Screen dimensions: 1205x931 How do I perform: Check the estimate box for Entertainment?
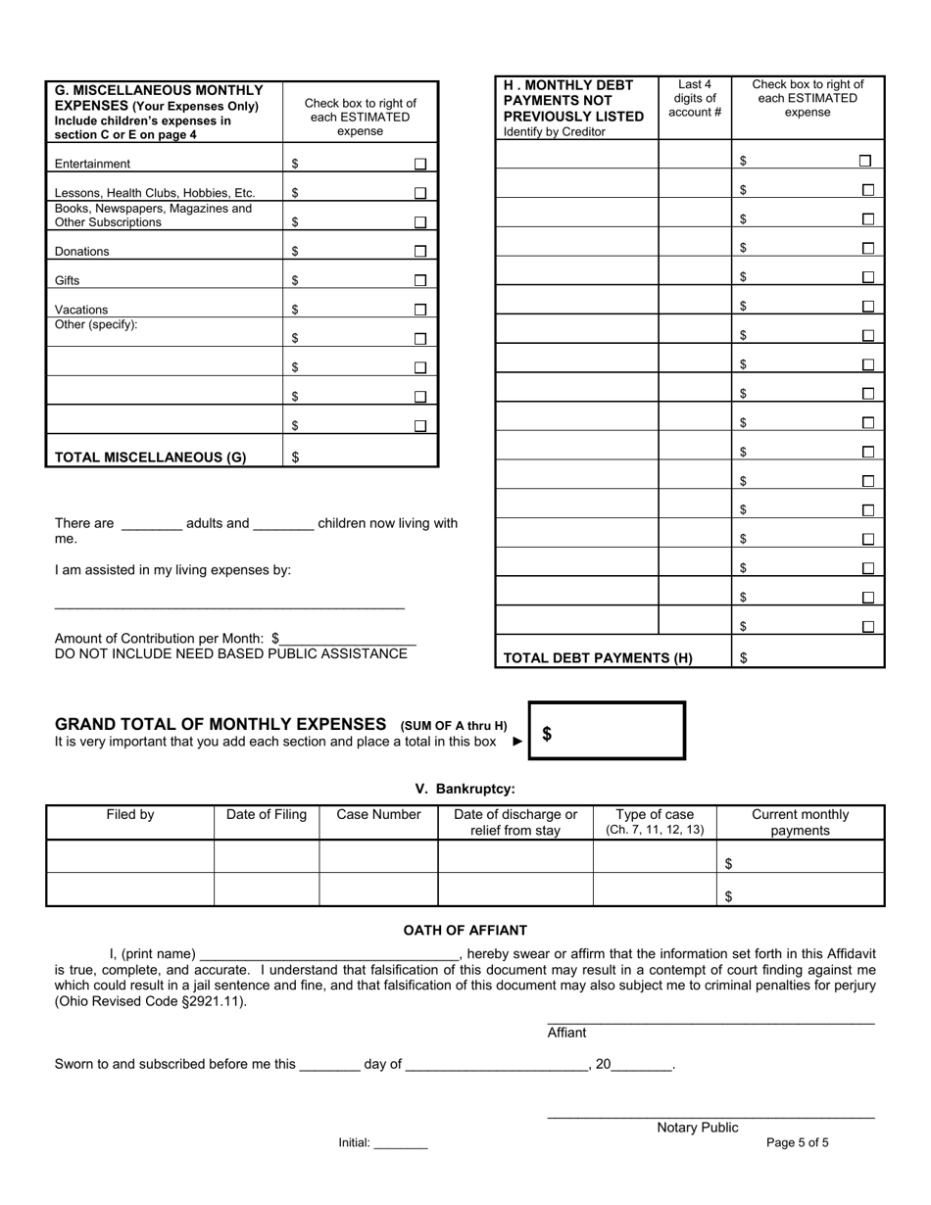[x=419, y=165]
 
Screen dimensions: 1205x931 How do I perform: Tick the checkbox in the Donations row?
[x=419, y=252]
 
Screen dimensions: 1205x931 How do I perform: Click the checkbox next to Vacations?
[x=419, y=310]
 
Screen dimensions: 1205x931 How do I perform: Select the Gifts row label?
[x=68, y=281]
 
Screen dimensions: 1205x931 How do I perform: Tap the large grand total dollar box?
[x=607, y=732]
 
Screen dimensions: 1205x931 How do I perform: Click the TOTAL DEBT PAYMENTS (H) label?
[x=598, y=658]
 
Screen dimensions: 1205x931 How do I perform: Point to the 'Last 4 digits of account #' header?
[x=695, y=99]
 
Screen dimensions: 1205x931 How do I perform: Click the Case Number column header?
[x=378, y=815]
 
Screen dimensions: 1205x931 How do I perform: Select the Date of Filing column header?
[x=267, y=815]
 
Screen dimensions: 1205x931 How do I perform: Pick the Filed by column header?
[x=130, y=815]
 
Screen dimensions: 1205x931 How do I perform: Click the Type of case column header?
[x=655, y=822]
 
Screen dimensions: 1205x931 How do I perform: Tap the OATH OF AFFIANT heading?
[x=465, y=931]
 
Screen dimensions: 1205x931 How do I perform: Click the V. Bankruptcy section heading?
[x=465, y=789]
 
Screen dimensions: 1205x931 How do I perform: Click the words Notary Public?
[x=698, y=1128]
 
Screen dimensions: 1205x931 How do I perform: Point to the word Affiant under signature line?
[x=566, y=1033]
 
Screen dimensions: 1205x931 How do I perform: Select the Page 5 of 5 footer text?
[x=798, y=1142]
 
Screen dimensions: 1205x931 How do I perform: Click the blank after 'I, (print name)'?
[x=329, y=954]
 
